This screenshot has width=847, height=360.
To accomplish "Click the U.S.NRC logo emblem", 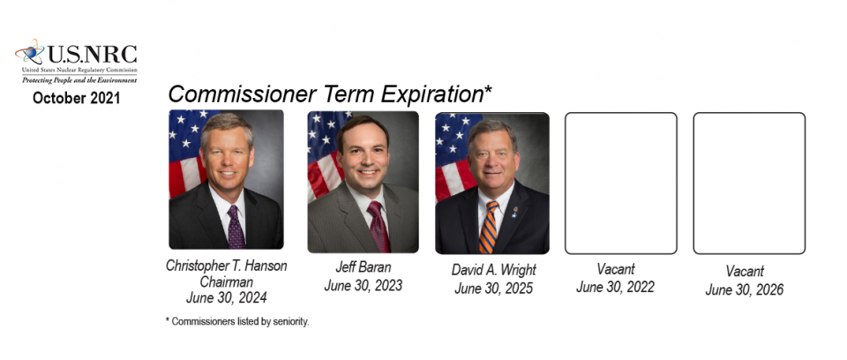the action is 30,52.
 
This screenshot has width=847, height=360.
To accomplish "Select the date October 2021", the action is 76,98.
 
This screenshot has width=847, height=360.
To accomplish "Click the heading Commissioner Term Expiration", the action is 330,94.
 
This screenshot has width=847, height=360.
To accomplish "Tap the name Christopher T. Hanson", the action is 227,266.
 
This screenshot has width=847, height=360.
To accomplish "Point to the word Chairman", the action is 227,281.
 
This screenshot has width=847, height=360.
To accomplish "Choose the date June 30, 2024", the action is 227,298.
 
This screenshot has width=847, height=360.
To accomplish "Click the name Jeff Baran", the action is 363,267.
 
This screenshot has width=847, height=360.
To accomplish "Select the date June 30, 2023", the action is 363,285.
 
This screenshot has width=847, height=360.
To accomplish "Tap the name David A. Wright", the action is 494,270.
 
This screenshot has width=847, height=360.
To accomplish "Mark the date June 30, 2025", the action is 494,289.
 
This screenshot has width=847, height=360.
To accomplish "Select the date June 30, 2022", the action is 615,287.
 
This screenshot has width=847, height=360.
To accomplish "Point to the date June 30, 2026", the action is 745,289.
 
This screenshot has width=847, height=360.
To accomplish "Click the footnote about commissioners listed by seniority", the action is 237,322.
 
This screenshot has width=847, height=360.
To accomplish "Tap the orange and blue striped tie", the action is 488,227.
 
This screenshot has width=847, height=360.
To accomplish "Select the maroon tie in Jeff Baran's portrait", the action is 379,226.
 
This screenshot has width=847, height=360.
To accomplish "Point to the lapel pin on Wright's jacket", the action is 514,212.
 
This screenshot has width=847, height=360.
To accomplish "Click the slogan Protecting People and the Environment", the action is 79,80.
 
